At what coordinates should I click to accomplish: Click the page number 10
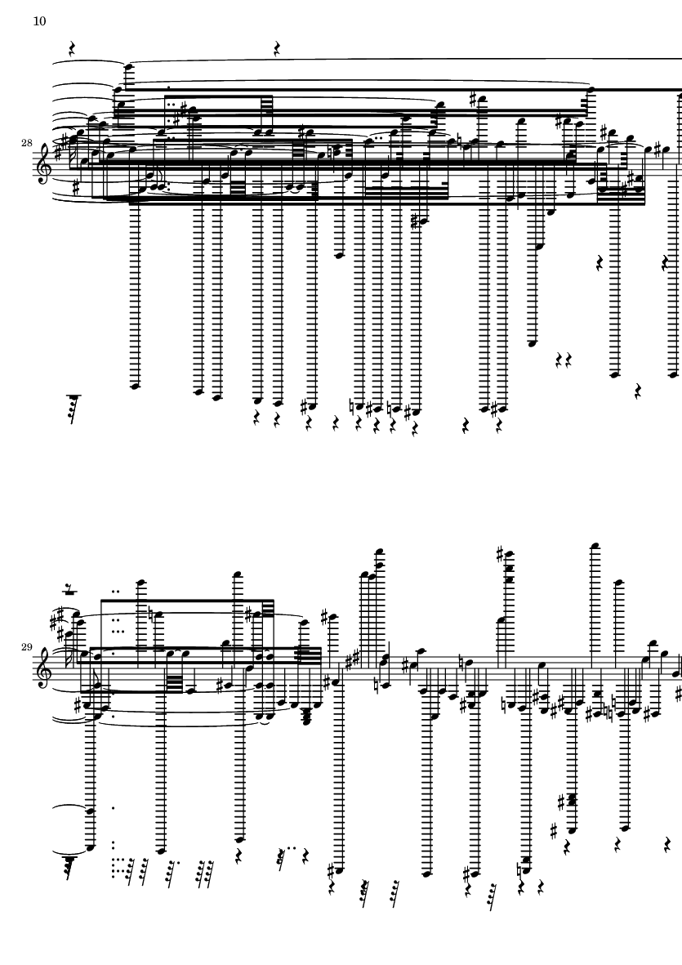[x=39, y=21]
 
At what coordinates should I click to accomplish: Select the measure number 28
[x=27, y=143]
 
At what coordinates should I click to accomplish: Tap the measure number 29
[x=27, y=647]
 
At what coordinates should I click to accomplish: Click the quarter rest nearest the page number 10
[x=72, y=49]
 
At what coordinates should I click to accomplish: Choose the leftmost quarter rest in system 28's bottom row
[x=256, y=418]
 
